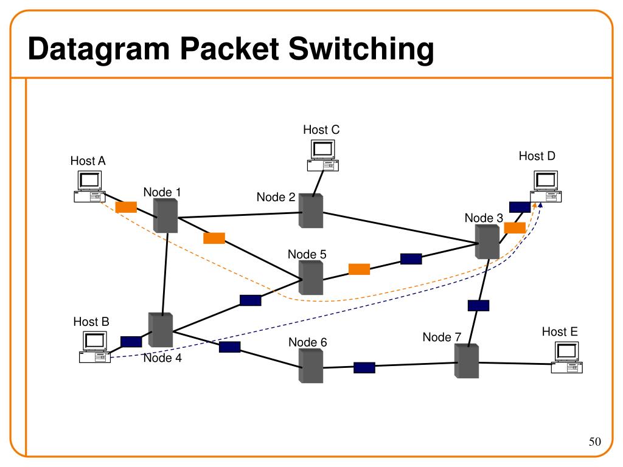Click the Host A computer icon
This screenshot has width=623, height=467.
pyautogui.click(x=89, y=186)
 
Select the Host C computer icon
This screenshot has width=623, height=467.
pyautogui.click(x=322, y=155)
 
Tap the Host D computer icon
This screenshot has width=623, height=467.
pyautogui.click(x=546, y=186)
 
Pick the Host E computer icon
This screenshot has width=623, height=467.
pyautogui.click(x=566, y=358)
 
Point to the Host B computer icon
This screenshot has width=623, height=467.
pyautogui.click(x=94, y=347)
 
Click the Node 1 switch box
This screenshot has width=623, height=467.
pyautogui.click(x=165, y=215)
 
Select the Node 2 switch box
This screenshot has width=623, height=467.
pyautogui.click(x=311, y=211)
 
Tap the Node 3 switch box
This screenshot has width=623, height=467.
pyautogui.click(x=487, y=242)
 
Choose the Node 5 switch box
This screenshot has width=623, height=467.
pyautogui.click(x=311, y=277)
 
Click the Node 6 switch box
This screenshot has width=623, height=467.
pyautogui.click(x=311, y=365)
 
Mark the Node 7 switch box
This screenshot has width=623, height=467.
pyautogui.click(x=467, y=361)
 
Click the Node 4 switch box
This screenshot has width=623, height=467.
pyautogui.click(x=161, y=330)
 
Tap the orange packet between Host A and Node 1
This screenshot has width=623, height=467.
pyautogui.click(x=126, y=207)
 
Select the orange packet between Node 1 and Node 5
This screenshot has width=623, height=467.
pyautogui.click(x=214, y=238)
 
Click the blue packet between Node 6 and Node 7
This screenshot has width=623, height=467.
pyautogui.click(x=364, y=368)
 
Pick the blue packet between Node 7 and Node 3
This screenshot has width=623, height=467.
pyautogui.click(x=478, y=305)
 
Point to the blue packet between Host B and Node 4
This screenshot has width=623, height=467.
pyautogui.click(x=131, y=342)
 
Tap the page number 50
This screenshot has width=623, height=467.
pyautogui.click(x=595, y=441)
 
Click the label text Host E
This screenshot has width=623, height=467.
pyautogui.click(x=560, y=331)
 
